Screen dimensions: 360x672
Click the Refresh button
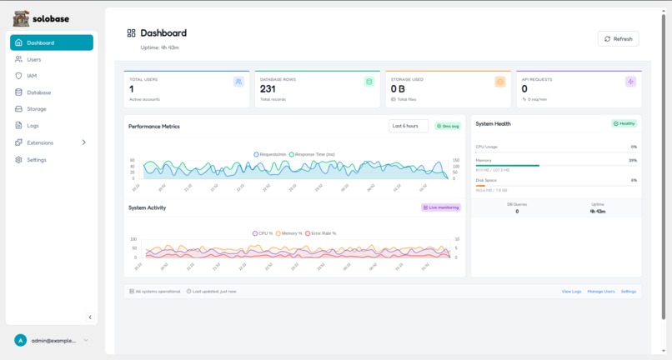pyautogui.click(x=618, y=39)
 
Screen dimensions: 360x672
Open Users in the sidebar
pyautogui.click(x=33, y=59)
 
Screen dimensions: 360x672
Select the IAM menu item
pyautogui.click(x=32, y=76)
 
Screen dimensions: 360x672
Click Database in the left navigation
pyautogui.click(x=38, y=92)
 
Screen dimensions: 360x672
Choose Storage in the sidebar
pyautogui.click(x=37, y=109)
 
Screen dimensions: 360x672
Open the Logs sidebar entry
pyautogui.click(x=33, y=126)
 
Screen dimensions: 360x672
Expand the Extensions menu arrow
pyautogui.click(x=83, y=142)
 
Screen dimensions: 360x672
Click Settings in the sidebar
pyautogui.click(x=37, y=159)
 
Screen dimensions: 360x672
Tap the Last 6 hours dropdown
pyautogui.click(x=409, y=126)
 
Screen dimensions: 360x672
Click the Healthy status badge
pyautogui.click(x=624, y=123)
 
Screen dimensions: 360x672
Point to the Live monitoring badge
pyautogui.click(x=441, y=207)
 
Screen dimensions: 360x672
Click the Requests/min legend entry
pyautogui.click(x=271, y=154)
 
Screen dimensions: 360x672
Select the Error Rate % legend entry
pyautogui.click(x=321, y=233)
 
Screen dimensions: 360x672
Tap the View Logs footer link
pyautogui.click(x=571, y=292)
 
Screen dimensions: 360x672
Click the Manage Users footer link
pyautogui.click(x=601, y=292)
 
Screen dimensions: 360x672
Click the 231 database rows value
pyautogui.click(x=268, y=89)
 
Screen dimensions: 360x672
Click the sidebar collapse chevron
pyautogui.click(x=90, y=317)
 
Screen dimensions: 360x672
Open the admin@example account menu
pyautogui.click(x=52, y=340)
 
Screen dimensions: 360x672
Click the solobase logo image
pyautogui.click(x=21, y=18)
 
